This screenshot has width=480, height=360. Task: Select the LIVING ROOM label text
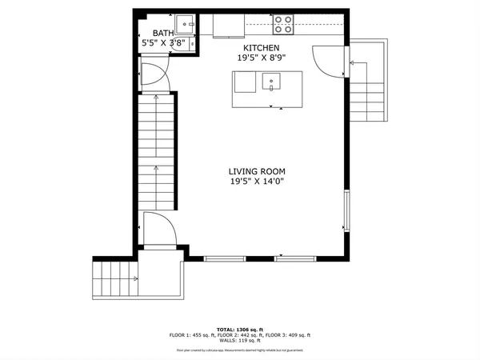point(256,171)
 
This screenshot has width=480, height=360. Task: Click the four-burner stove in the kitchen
point(282,25)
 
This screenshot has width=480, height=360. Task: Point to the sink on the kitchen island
point(271,80)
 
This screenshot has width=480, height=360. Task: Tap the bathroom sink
point(183,22)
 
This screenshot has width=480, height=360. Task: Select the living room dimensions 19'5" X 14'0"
point(256,182)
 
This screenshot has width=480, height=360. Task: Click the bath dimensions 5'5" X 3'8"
point(163,44)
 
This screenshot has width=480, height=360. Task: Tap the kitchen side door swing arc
point(326,61)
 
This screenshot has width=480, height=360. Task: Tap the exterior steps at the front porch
point(113,279)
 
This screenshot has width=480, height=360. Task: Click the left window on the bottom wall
point(226,258)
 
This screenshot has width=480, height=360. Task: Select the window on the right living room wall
point(346,210)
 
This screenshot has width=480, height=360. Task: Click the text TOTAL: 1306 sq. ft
point(239,329)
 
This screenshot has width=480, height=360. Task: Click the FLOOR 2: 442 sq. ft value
point(239,335)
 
